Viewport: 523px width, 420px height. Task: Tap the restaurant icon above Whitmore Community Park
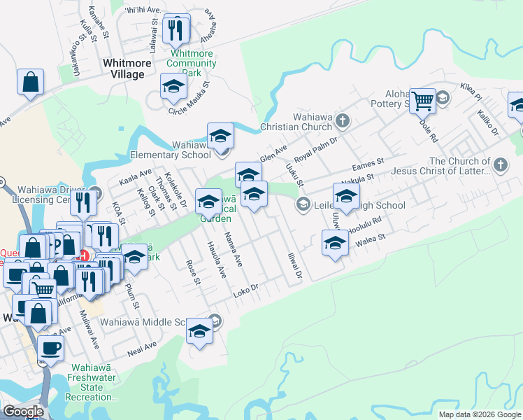point(175,29)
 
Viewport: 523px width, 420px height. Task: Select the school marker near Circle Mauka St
point(173,87)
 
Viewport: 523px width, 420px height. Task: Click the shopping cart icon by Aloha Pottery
point(422,101)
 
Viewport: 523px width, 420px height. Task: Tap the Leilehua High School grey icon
point(303,205)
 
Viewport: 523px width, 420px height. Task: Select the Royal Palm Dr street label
point(315,148)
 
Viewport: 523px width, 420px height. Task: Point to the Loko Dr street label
point(245,289)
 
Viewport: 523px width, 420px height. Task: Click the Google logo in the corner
point(22,412)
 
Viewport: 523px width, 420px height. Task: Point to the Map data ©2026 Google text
point(479,414)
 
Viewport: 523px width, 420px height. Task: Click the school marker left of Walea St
point(335,244)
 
